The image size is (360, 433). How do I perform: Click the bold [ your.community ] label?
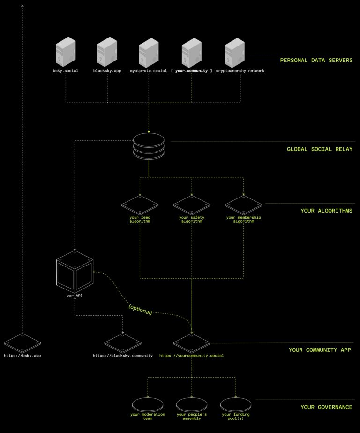click(x=191, y=71)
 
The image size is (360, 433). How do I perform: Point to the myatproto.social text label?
click(x=149, y=71)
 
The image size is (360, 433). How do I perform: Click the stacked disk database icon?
click(x=149, y=146)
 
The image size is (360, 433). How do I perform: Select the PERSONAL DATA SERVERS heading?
click(x=316, y=60)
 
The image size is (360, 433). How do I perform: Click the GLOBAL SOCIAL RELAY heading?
click(x=320, y=149)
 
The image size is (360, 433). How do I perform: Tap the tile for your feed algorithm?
click(x=140, y=205)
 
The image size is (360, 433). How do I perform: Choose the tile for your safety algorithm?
click(x=191, y=205)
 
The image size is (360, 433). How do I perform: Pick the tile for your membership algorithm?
click(x=243, y=205)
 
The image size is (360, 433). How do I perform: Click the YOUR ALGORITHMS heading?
click(x=326, y=211)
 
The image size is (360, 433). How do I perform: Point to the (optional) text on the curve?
click(x=140, y=309)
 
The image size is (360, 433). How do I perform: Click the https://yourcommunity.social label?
click(x=191, y=356)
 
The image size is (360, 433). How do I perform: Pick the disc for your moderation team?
click(x=148, y=404)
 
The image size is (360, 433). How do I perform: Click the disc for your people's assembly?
click(x=191, y=404)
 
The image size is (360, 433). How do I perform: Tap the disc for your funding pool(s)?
click(x=236, y=404)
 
